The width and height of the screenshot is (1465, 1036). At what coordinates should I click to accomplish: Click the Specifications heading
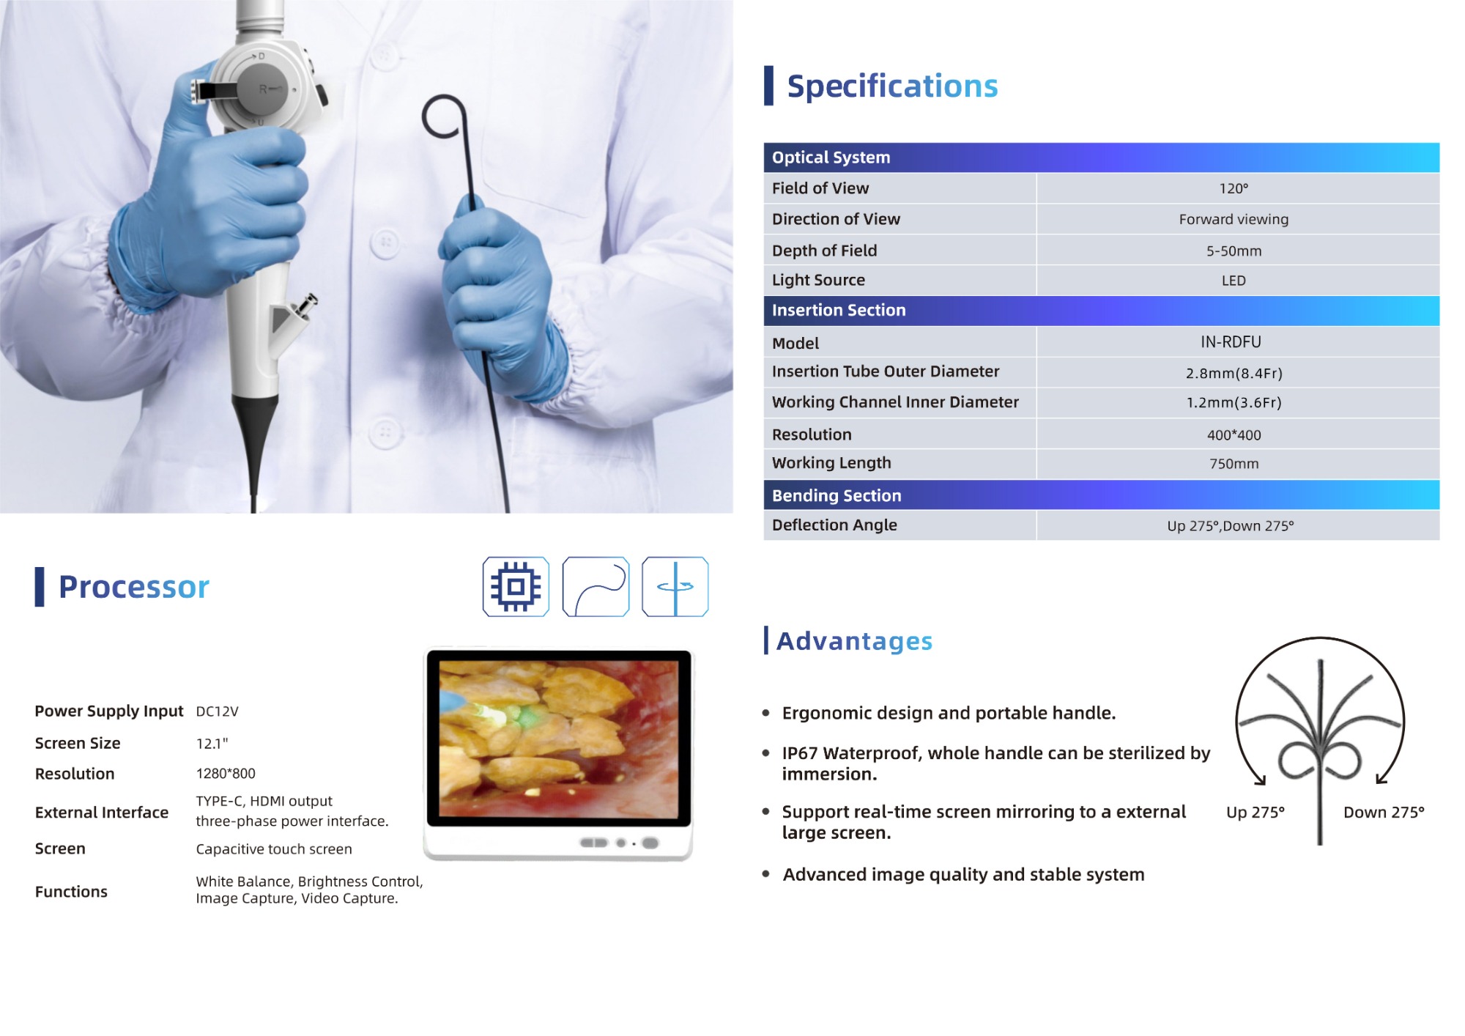(x=892, y=86)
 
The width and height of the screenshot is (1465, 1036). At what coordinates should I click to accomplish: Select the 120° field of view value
(x=1234, y=188)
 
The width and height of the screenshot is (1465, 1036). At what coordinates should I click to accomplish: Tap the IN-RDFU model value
(x=1231, y=341)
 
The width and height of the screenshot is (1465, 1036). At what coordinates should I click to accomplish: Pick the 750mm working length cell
(x=1234, y=464)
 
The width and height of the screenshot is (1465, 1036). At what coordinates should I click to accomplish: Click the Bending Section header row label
(x=837, y=495)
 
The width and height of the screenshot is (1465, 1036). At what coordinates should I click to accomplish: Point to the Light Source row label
(x=818, y=280)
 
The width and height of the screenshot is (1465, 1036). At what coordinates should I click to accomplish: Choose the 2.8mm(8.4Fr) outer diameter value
(x=1234, y=373)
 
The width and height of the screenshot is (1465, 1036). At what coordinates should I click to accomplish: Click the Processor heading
(x=134, y=587)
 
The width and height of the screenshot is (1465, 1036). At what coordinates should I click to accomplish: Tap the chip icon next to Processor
(x=516, y=586)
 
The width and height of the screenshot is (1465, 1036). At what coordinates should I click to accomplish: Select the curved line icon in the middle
(x=596, y=586)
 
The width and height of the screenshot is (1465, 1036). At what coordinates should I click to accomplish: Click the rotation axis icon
(x=675, y=586)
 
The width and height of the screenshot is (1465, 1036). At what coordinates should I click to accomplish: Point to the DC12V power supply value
(x=217, y=711)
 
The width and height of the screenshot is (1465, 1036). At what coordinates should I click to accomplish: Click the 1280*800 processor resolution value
(x=226, y=773)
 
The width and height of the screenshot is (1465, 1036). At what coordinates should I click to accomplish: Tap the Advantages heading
(x=854, y=641)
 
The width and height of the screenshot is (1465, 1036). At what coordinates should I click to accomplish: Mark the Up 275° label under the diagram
(x=1256, y=812)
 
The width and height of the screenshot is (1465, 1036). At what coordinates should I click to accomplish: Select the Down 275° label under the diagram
(x=1384, y=812)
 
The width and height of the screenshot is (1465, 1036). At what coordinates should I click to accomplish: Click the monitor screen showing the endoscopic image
(x=559, y=738)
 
